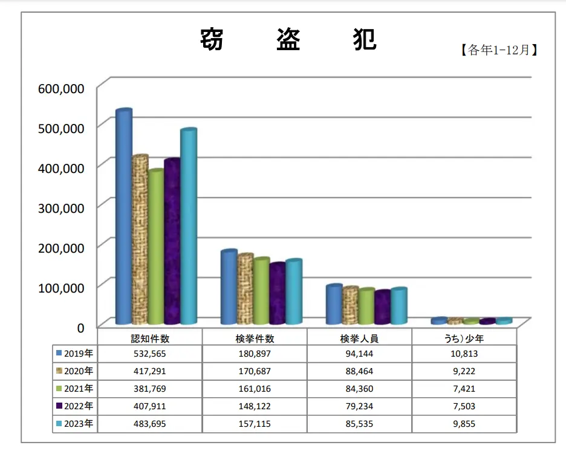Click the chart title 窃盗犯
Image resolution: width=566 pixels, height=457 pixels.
(x=288, y=40)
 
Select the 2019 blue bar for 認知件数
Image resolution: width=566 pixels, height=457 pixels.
(x=123, y=218)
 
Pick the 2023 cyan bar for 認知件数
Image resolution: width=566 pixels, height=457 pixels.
(x=188, y=227)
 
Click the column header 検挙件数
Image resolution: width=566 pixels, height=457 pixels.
(x=255, y=339)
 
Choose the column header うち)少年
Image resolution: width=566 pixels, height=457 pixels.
(x=464, y=339)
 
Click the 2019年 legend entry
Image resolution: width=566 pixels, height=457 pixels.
(x=74, y=353)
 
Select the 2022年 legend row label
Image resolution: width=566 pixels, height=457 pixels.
(x=74, y=406)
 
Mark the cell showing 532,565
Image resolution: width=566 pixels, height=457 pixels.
(x=149, y=353)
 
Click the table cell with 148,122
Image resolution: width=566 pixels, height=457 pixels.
(x=255, y=406)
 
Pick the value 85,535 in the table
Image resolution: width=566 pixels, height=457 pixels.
(x=359, y=424)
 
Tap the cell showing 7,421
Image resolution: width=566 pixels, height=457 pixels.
(x=464, y=389)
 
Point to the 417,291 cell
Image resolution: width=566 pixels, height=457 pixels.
(x=149, y=371)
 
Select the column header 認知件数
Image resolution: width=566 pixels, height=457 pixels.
(x=149, y=339)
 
